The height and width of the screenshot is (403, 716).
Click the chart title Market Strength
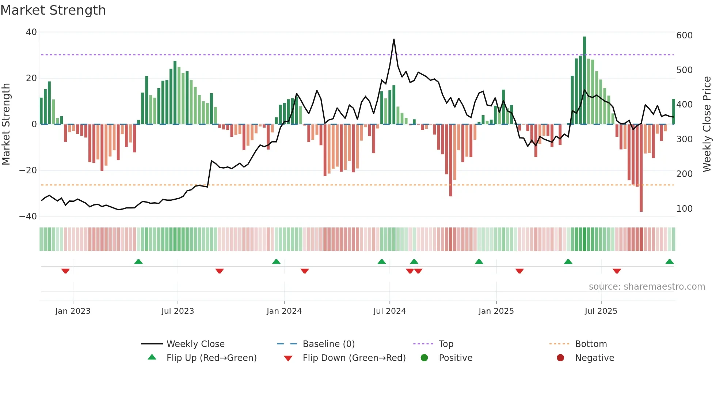53,10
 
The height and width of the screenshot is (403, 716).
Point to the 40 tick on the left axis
31,32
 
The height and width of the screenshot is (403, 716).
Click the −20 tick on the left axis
28,170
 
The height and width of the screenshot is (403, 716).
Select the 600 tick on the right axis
684,35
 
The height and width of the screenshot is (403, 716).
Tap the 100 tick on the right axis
684,209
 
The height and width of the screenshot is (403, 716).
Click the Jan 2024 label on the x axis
284,311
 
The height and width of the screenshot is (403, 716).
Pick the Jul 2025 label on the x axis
601,311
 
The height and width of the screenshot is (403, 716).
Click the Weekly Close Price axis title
707,124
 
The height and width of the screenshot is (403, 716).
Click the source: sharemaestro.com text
647,287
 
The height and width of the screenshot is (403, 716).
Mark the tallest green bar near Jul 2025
584,80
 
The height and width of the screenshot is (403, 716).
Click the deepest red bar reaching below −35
641,168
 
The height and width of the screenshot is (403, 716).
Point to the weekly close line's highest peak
394,39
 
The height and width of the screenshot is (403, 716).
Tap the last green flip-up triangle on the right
670,262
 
